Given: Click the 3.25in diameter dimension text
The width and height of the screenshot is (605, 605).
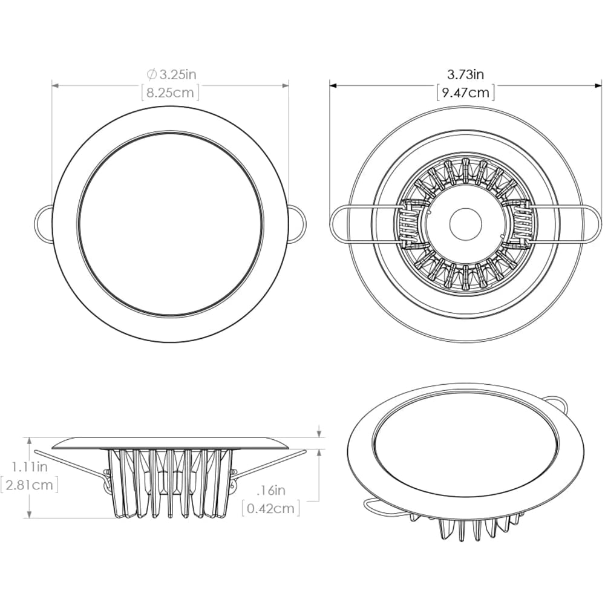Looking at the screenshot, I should [177, 75].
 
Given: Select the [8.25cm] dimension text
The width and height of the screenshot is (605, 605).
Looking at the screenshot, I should [170, 94].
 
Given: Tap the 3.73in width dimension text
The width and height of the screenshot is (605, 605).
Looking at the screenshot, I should [465, 75].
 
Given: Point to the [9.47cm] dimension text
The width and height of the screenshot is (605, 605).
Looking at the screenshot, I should [465, 93].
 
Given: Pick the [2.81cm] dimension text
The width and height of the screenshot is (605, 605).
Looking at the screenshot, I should [30, 485].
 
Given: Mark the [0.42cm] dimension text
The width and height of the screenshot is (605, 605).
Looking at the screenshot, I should [270, 508].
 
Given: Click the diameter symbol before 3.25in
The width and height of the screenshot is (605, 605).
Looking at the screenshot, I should [151, 75].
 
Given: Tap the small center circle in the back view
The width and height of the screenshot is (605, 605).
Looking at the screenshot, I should [465, 224].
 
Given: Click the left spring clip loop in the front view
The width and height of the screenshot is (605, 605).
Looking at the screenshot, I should [44, 223].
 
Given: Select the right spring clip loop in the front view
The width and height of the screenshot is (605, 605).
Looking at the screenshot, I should [297, 223].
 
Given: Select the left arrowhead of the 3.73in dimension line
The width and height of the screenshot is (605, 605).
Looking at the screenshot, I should [333, 85].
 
